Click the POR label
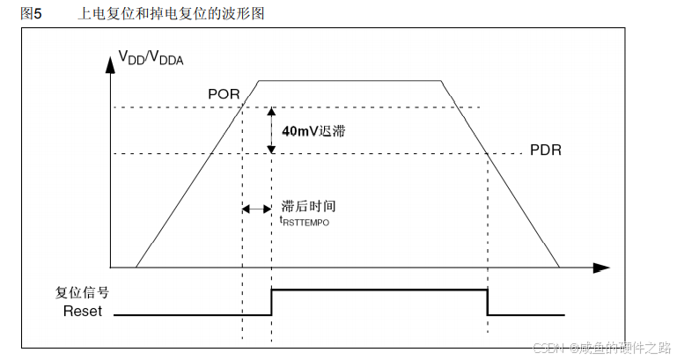(x=223, y=94)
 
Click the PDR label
(x=545, y=150)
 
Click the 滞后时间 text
(x=308, y=206)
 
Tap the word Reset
(x=83, y=311)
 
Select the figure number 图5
(x=31, y=14)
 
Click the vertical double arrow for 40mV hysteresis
(x=271, y=130)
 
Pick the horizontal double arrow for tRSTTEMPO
(x=257, y=209)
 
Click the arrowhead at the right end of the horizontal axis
(x=602, y=266)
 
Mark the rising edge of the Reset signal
(x=271, y=301)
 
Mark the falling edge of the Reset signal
(x=487, y=301)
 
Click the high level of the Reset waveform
(x=379, y=289)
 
